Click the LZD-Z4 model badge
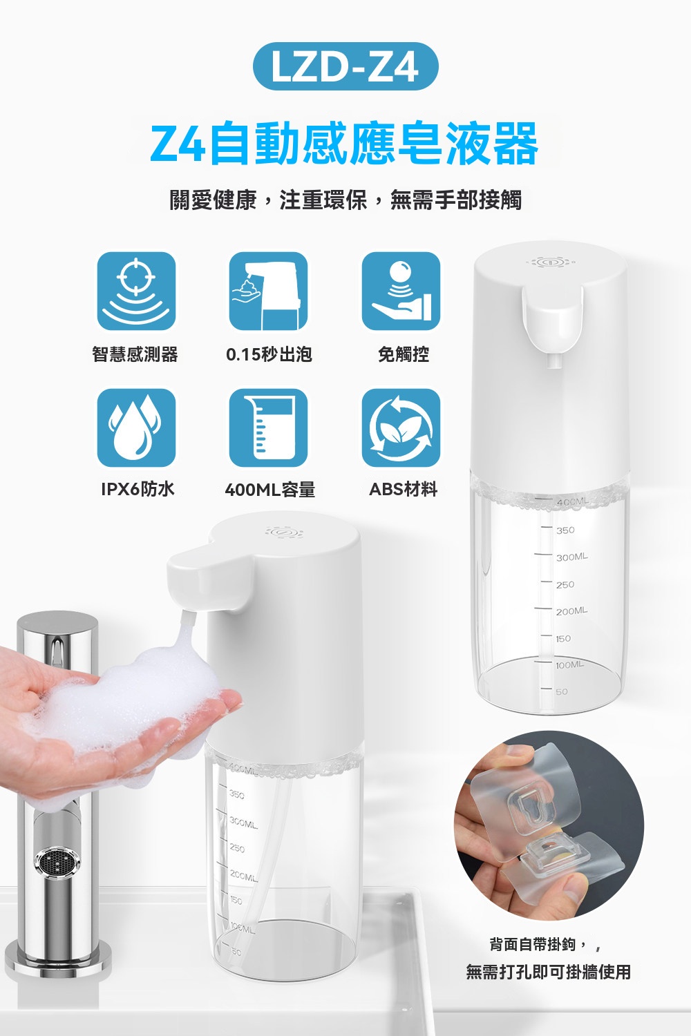(345, 66)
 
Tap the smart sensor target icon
(136, 291)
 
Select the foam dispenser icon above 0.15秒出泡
(268, 291)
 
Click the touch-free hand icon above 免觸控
(401, 291)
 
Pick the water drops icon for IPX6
(136, 428)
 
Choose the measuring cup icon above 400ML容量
(268, 428)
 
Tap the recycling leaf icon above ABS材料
(401, 428)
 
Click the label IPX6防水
(138, 489)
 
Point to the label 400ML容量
(269, 489)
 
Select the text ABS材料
(403, 489)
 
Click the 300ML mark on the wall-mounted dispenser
(572, 557)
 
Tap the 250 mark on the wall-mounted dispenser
(565, 584)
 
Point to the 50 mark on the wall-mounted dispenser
(562, 692)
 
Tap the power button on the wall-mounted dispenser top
(550, 262)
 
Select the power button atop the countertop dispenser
(284, 533)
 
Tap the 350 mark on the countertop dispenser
(236, 795)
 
